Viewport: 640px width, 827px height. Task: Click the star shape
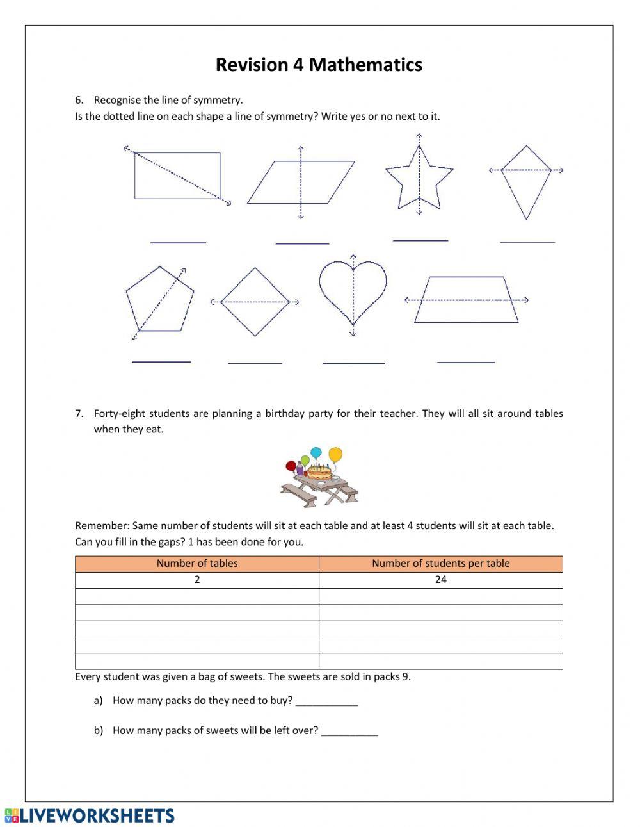point(419,179)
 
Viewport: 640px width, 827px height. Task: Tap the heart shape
point(353,291)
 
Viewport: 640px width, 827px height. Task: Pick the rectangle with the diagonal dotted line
point(177,176)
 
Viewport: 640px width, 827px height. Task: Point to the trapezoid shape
point(467,300)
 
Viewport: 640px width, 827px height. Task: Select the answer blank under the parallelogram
point(302,240)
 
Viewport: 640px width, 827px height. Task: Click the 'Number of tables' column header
point(197,564)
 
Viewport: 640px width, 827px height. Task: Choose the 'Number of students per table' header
point(441,564)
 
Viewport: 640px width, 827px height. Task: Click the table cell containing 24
point(441,580)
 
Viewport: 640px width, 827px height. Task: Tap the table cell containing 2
point(197,580)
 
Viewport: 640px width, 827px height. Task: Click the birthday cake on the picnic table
point(319,473)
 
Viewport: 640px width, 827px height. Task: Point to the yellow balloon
point(335,455)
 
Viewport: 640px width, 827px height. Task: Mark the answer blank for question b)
point(349,732)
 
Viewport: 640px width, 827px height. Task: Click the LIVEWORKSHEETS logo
point(90,815)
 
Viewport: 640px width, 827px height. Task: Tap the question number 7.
point(79,414)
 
